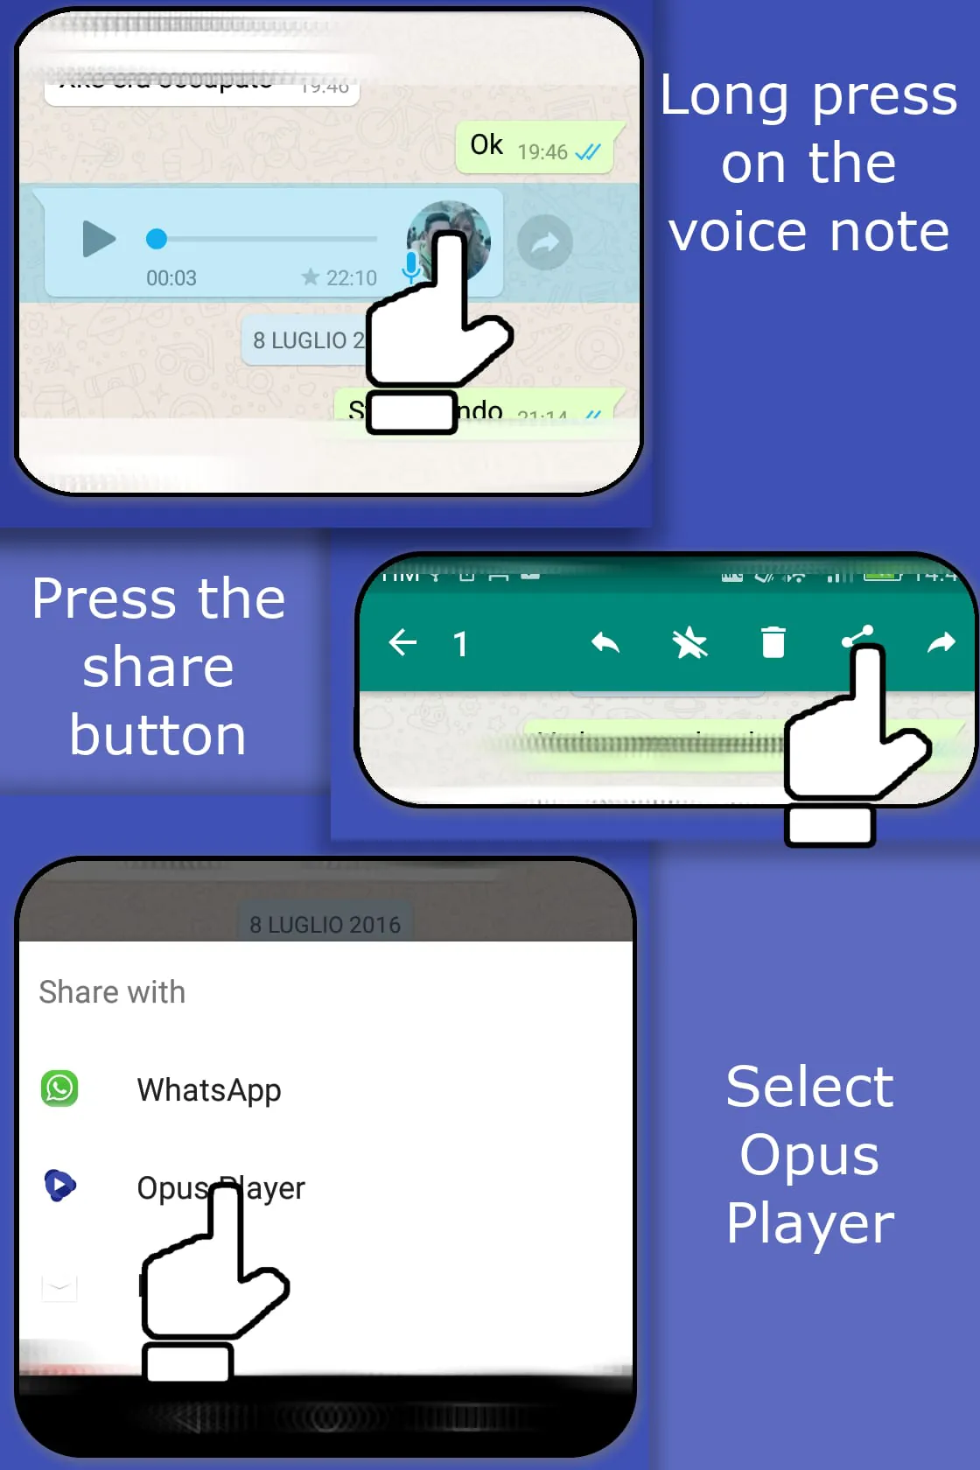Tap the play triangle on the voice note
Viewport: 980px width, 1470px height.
point(99,239)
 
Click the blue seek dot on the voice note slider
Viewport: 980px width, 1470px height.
point(157,238)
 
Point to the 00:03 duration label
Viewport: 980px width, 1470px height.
point(171,278)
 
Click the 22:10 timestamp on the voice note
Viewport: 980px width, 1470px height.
point(351,278)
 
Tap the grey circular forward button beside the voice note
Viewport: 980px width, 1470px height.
point(544,242)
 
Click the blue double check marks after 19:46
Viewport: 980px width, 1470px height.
point(588,152)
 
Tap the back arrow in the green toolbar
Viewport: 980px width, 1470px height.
point(402,643)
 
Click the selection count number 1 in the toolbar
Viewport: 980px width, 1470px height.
point(460,645)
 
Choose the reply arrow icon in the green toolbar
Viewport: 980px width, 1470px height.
point(605,643)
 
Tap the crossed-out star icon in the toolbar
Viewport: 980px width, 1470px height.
point(689,643)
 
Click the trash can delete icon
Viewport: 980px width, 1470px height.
point(773,642)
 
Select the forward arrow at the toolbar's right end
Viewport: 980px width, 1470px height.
point(941,643)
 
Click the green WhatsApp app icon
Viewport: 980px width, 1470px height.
point(59,1088)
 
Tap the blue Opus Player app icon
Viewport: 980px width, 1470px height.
point(59,1186)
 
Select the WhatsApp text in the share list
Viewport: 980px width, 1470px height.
point(209,1090)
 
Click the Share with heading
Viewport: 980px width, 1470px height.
point(112,992)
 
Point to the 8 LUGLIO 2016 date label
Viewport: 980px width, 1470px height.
point(325,925)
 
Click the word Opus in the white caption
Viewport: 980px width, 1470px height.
point(809,1155)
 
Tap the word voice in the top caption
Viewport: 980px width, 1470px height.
point(738,232)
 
